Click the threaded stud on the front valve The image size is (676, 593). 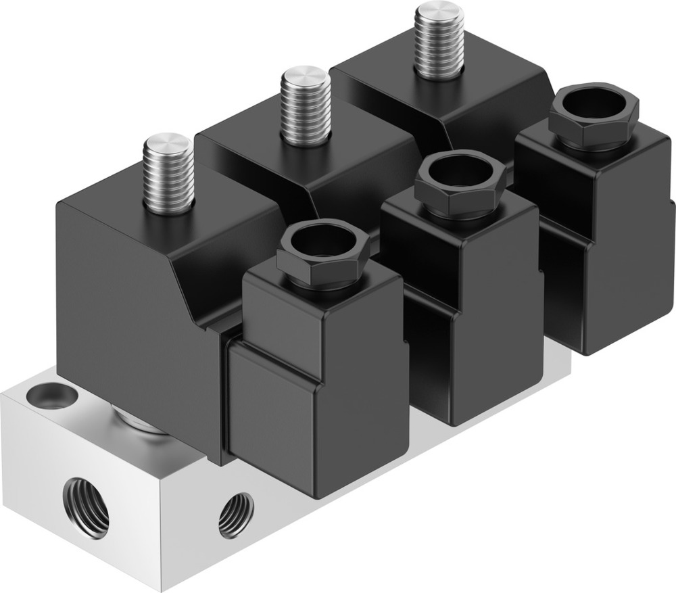pyautogui.click(x=169, y=179)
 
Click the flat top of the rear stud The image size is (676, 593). pyautogui.click(x=439, y=11)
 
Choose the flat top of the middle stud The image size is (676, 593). pyautogui.click(x=306, y=76)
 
